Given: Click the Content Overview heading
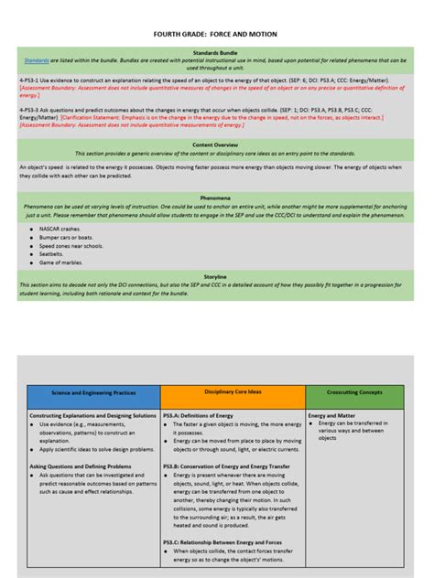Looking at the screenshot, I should (x=216, y=144).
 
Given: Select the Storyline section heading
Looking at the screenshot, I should (x=216, y=275).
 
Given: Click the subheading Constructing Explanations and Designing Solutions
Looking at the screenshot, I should (x=92, y=415).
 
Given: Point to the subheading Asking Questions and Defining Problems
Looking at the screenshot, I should (x=82, y=466).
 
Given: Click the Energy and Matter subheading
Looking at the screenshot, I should (x=331, y=415).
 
